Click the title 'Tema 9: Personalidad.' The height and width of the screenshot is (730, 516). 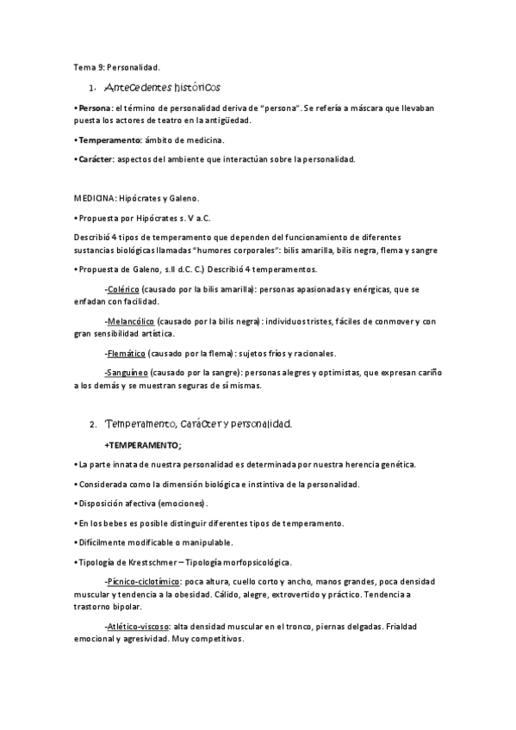116,66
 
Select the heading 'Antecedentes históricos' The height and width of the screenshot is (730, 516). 162,88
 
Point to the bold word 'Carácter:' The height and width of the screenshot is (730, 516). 95,159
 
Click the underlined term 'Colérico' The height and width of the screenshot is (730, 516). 122,290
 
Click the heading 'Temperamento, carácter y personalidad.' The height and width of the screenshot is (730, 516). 199,424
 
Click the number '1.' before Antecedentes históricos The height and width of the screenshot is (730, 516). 92,89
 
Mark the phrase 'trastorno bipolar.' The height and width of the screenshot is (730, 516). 108,606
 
